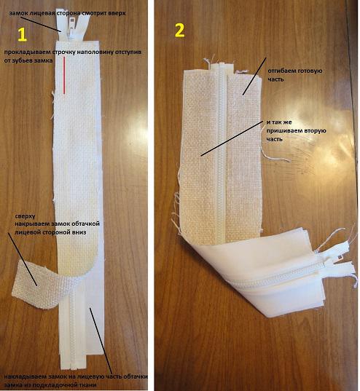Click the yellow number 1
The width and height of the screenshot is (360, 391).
tap(22, 35)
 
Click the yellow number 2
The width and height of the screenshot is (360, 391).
tap(180, 31)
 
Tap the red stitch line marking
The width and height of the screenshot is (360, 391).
tap(64, 75)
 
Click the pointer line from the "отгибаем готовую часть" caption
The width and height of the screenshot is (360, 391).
tap(254, 76)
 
